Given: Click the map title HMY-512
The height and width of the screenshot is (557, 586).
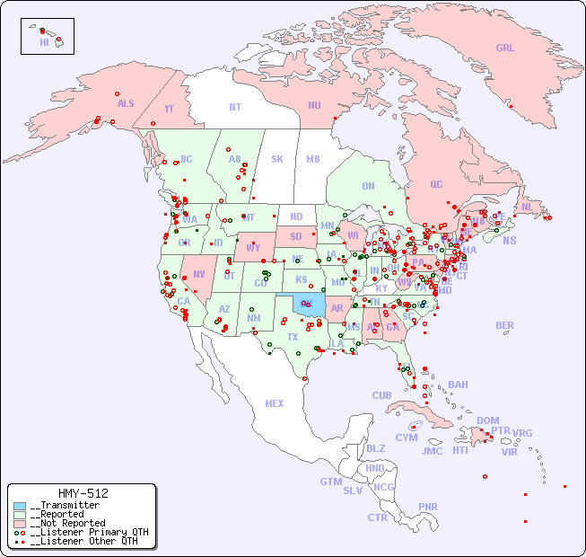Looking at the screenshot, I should pyautogui.click(x=83, y=493).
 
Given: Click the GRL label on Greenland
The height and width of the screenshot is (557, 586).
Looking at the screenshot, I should pyautogui.click(x=505, y=48).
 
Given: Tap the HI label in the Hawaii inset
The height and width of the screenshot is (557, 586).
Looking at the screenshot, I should pyautogui.click(x=44, y=42).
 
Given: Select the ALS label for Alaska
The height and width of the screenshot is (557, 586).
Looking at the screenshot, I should pyautogui.click(x=126, y=103).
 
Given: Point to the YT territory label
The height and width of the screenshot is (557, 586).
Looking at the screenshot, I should pyautogui.click(x=169, y=108).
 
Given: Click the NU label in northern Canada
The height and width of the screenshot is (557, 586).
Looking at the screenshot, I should pyautogui.click(x=314, y=105).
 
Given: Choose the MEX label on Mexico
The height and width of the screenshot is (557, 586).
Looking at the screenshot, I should pyautogui.click(x=275, y=403).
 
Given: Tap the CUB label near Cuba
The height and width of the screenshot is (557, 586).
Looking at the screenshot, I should pyautogui.click(x=381, y=395).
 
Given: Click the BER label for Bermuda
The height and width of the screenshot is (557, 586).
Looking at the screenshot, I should pyautogui.click(x=504, y=325).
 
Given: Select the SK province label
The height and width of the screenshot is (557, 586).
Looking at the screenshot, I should pyautogui.click(x=277, y=159).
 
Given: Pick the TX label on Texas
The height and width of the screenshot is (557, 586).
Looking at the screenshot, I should pyautogui.click(x=293, y=337).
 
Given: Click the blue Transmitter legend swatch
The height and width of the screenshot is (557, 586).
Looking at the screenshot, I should pyautogui.click(x=20, y=506).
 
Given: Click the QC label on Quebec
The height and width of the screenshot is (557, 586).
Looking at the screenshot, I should pyautogui.click(x=436, y=184).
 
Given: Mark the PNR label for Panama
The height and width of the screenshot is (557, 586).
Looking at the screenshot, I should pyautogui.click(x=428, y=507).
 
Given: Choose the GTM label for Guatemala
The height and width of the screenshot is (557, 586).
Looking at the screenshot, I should pyautogui.click(x=330, y=482).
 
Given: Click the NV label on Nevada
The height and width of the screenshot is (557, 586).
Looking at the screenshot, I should pyautogui.click(x=198, y=274).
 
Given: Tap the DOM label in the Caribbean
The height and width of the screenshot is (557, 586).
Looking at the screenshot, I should pyautogui.click(x=487, y=420).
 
